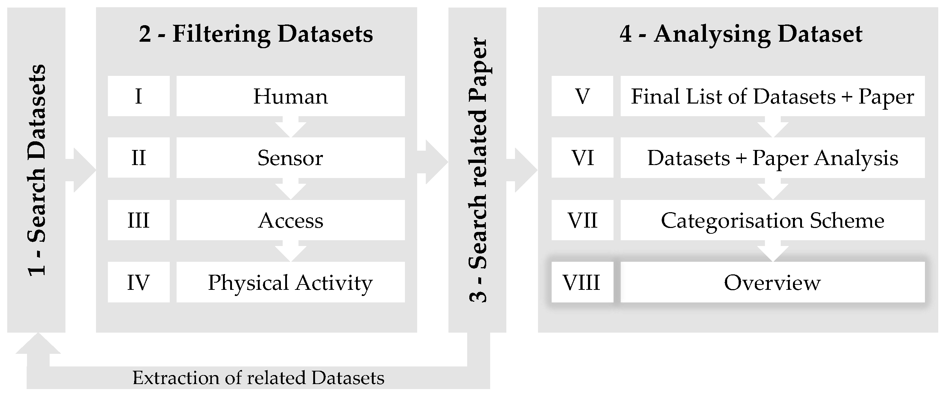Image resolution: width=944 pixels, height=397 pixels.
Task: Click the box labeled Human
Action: (290, 96)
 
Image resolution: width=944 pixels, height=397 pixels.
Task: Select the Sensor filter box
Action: (290, 158)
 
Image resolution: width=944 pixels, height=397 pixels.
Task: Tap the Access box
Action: (290, 220)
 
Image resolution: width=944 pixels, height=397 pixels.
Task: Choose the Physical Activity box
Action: (290, 282)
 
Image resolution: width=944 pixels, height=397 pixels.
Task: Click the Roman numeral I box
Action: (138, 96)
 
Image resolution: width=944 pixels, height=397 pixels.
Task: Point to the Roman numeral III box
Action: (138, 220)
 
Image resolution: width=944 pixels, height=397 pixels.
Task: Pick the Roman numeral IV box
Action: (138, 282)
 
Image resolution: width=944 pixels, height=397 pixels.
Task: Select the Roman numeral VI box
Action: (582, 158)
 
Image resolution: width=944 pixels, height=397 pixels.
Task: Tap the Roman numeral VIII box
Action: (582, 282)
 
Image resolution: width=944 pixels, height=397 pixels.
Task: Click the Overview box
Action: (772, 282)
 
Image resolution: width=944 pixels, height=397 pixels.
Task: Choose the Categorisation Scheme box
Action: (772, 220)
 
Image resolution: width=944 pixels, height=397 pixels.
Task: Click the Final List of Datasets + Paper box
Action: (772, 96)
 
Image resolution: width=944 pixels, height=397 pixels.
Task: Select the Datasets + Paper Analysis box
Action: (772, 158)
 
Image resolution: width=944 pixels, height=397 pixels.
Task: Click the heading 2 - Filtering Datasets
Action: (256, 34)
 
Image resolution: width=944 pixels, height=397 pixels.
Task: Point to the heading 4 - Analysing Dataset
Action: (741, 34)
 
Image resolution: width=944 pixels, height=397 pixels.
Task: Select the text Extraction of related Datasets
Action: (258, 378)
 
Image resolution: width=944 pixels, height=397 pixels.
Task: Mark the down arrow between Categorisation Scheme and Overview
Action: (773, 251)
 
